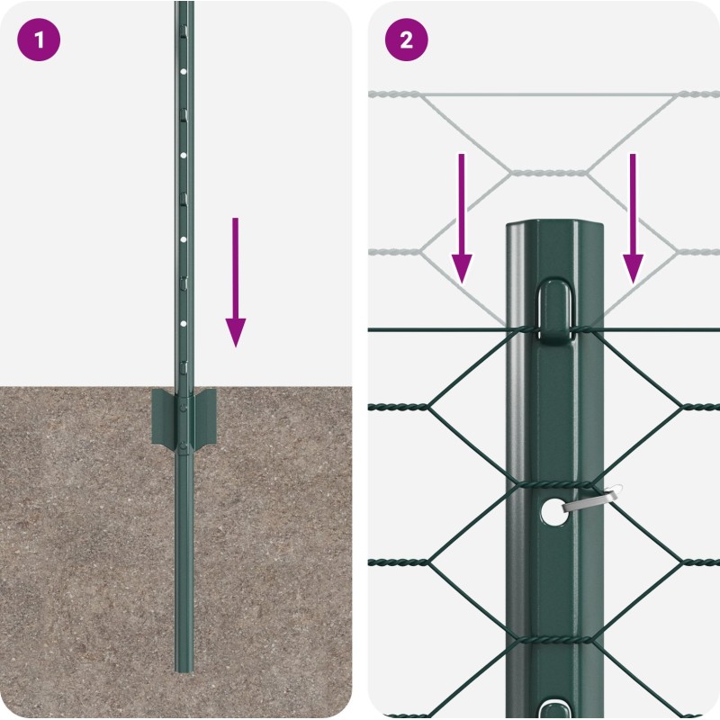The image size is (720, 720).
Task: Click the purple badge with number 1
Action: tap(39, 40)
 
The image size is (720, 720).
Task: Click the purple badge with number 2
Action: tap(407, 40)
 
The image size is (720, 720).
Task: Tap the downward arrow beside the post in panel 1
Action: tap(236, 282)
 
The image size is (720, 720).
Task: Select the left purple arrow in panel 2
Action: tap(462, 219)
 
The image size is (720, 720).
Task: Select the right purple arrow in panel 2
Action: tap(633, 219)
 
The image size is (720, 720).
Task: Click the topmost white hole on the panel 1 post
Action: tap(184, 72)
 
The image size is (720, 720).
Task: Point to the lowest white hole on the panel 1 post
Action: tap(184, 324)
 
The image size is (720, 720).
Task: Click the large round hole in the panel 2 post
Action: tap(553, 512)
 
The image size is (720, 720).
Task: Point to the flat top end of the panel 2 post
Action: tap(554, 226)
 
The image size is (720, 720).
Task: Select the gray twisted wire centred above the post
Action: tap(549, 174)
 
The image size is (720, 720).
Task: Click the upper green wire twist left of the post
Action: tap(399, 407)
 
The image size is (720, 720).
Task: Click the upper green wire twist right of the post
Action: tap(700, 407)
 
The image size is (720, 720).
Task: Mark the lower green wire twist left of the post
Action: tap(399, 562)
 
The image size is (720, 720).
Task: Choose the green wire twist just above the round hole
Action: tap(554, 485)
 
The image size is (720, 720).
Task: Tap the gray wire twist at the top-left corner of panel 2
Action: tap(394, 94)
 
